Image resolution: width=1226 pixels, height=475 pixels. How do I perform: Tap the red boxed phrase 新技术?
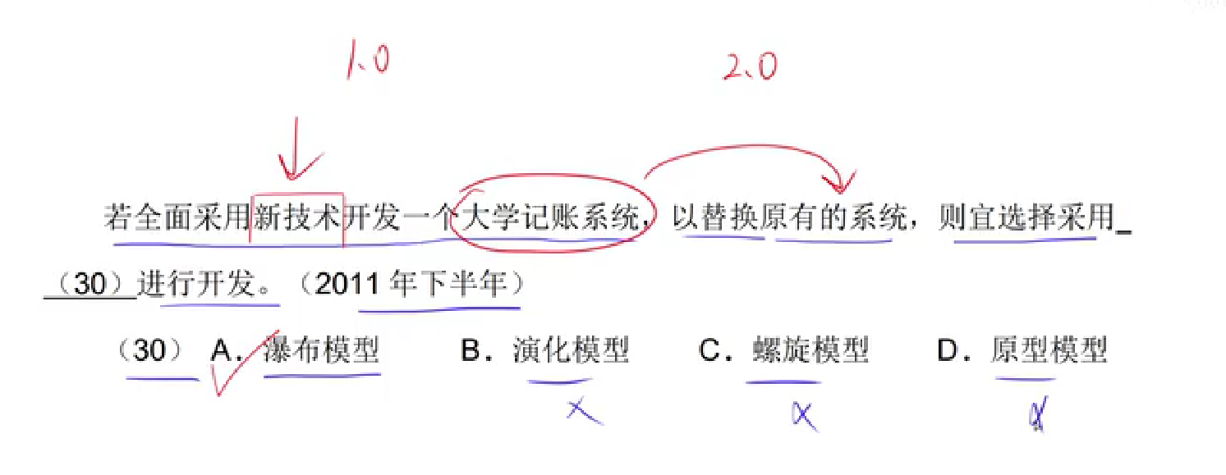(296, 218)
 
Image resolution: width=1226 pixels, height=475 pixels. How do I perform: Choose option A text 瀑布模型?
(321, 350)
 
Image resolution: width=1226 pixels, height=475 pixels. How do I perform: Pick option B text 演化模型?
(571, 350)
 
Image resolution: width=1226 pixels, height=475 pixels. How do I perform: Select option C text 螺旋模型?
(810, 350)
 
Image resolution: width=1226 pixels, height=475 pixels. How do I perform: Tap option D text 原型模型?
(1049, 350)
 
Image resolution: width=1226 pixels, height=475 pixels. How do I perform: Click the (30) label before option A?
(150, 350)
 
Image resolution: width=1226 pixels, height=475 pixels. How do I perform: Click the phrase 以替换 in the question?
(715, 218)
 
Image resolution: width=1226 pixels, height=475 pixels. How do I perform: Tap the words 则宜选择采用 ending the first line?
(1026, 218)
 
